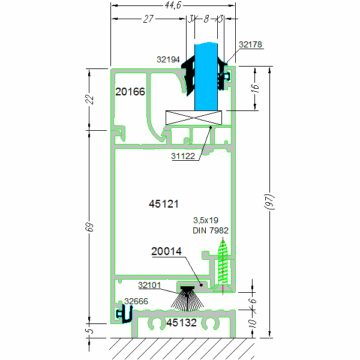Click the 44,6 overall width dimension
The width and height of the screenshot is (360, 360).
[x=172, y=6]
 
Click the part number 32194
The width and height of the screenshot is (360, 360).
[x=168, y=59]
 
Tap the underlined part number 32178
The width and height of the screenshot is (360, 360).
[x=250, y=44]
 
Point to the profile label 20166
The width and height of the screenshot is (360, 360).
[x=130, y=92]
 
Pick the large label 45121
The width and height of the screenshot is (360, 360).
[x=164, y=204]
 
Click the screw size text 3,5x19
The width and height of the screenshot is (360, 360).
[x=205, y=220]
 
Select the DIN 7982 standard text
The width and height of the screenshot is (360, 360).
[x=210, y=230]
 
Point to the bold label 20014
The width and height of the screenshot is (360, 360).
[x=166, y=252]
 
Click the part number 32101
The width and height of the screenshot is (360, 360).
[x=149, y=285]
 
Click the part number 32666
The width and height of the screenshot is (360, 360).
[x=136, y=301]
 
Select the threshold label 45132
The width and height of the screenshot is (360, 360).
[x=181, y=323]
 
